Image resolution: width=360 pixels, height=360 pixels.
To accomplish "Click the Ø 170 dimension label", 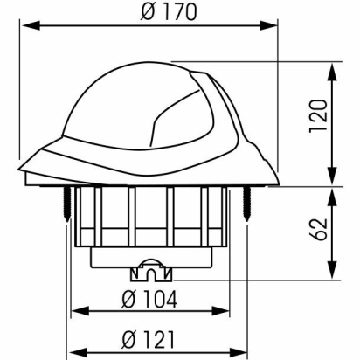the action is click(x=169, y=12).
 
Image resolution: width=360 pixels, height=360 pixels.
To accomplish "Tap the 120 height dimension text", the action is click(x=318, y=116).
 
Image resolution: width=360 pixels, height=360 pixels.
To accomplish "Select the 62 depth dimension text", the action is click(x=318, y=229).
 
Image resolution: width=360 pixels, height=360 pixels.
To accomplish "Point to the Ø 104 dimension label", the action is click(x=149, y=299).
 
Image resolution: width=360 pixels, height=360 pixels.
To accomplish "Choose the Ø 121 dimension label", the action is click(x=149, y=340).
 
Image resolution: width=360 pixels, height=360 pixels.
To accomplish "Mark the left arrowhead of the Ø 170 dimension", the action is click(x=31, y=25).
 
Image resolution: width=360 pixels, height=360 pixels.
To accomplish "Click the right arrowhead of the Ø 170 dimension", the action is click(x=269, y=25).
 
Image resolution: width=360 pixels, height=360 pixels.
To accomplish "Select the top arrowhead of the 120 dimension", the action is click(x=333, y=73).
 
